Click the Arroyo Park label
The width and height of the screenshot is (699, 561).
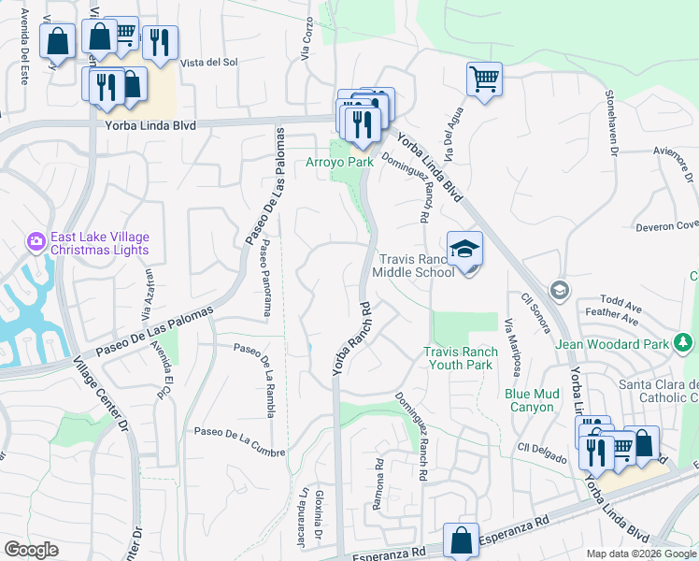340,162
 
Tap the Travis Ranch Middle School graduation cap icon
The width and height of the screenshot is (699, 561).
464,249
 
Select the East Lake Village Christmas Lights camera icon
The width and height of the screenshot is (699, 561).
36,242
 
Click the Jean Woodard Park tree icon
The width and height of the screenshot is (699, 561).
683,344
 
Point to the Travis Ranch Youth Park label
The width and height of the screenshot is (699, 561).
458,358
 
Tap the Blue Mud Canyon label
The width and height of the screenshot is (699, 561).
532,400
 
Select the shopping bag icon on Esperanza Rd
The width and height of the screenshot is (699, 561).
461,539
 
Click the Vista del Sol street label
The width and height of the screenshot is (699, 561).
211,63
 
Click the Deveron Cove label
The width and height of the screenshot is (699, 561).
667,225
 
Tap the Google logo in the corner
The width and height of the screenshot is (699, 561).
31,550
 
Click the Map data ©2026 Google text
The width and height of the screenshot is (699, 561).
640,554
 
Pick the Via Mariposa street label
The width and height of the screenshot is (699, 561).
512,347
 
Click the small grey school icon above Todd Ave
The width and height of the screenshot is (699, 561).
559,288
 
